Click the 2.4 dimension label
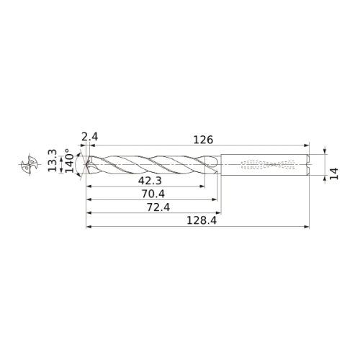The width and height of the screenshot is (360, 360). (89, 137)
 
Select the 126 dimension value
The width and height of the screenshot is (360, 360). (203, 140)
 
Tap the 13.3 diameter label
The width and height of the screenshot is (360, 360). (53, 161)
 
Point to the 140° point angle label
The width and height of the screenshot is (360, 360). (70, 161)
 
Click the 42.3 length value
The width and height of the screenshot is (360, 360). (150, 181)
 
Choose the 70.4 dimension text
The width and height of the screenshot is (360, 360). (153, 194)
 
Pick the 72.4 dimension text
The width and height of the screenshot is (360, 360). (158, 207)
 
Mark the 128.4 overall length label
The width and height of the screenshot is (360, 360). (202, 220)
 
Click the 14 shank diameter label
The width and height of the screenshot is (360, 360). (334, 174)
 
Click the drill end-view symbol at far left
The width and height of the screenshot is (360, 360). (30, 164)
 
